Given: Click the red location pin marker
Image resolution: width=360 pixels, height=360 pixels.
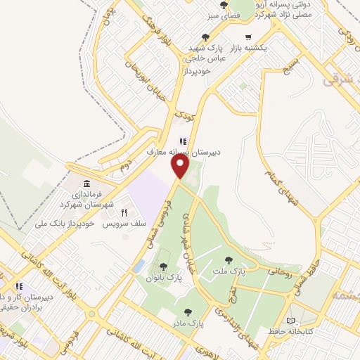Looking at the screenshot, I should [181, 167].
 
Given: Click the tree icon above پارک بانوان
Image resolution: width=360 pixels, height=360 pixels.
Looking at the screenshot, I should [164, 266].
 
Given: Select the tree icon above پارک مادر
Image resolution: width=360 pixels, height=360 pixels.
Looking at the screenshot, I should [187, 311].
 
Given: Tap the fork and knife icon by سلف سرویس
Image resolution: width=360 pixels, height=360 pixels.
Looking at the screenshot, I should [124, 212].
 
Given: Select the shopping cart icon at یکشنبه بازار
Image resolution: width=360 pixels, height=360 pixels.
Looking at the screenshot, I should [248, 38].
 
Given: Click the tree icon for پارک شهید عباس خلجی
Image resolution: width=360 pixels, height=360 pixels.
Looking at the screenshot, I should [205, 37].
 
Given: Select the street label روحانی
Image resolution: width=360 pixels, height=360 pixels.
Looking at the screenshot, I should [275, 268].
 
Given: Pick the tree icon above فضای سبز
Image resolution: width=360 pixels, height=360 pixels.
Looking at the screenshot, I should [224, 5].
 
